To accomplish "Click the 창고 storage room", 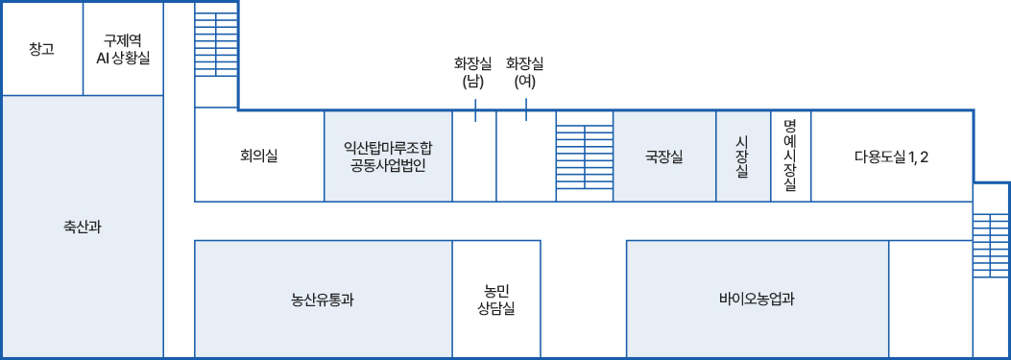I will tap(41, 49).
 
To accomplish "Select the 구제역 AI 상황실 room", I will tap(123, 49).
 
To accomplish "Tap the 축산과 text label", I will tap(82, 228).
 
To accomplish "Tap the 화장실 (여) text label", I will tap(525, 73).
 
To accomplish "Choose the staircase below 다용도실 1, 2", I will tap(991, 245).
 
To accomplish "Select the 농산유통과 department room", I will tap(323, 299).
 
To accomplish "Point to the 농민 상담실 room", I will tap(496, 299).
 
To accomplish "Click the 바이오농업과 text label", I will tap(757, 299).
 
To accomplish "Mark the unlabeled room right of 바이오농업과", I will tap(930, 299).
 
